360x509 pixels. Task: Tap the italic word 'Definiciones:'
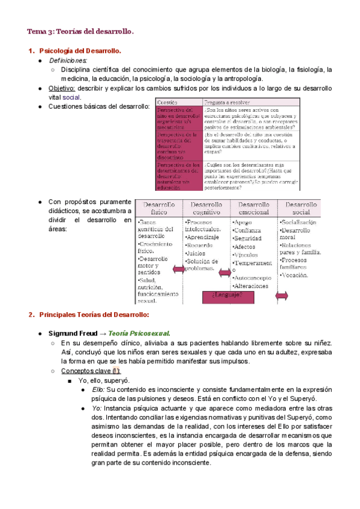[x=68, y=61]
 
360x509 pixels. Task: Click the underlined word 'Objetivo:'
[x=62, y=88]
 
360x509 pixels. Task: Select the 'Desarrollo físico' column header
[x=159, y=208]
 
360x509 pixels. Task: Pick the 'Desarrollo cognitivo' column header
[x=207, y=208]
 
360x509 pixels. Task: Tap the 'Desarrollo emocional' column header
[x=254, y=208]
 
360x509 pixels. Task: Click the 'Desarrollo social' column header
[x=301, y=208]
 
